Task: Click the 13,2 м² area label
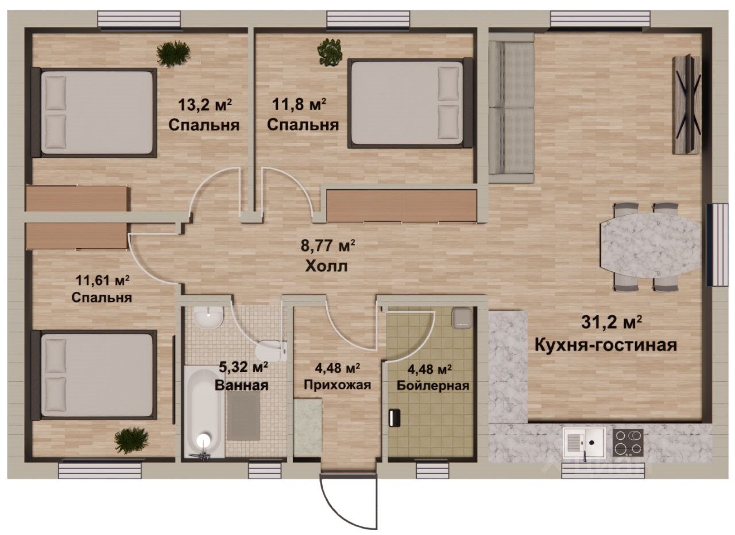click(205, 105)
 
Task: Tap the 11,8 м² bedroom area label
click(299, 105)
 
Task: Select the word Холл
click(326, 266)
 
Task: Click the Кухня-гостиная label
click(606, 346)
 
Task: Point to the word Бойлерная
click(433, 386)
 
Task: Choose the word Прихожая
click(337, 385)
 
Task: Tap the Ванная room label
click(242, 385)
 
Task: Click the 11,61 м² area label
click(102, 280)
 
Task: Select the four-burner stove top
click(628, 443)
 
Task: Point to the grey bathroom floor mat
click(244, 417)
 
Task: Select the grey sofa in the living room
click(511, 109)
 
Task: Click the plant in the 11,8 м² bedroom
click(330, 51)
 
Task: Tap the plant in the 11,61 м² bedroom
click(131, 440)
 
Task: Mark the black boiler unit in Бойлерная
click(394, 417)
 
